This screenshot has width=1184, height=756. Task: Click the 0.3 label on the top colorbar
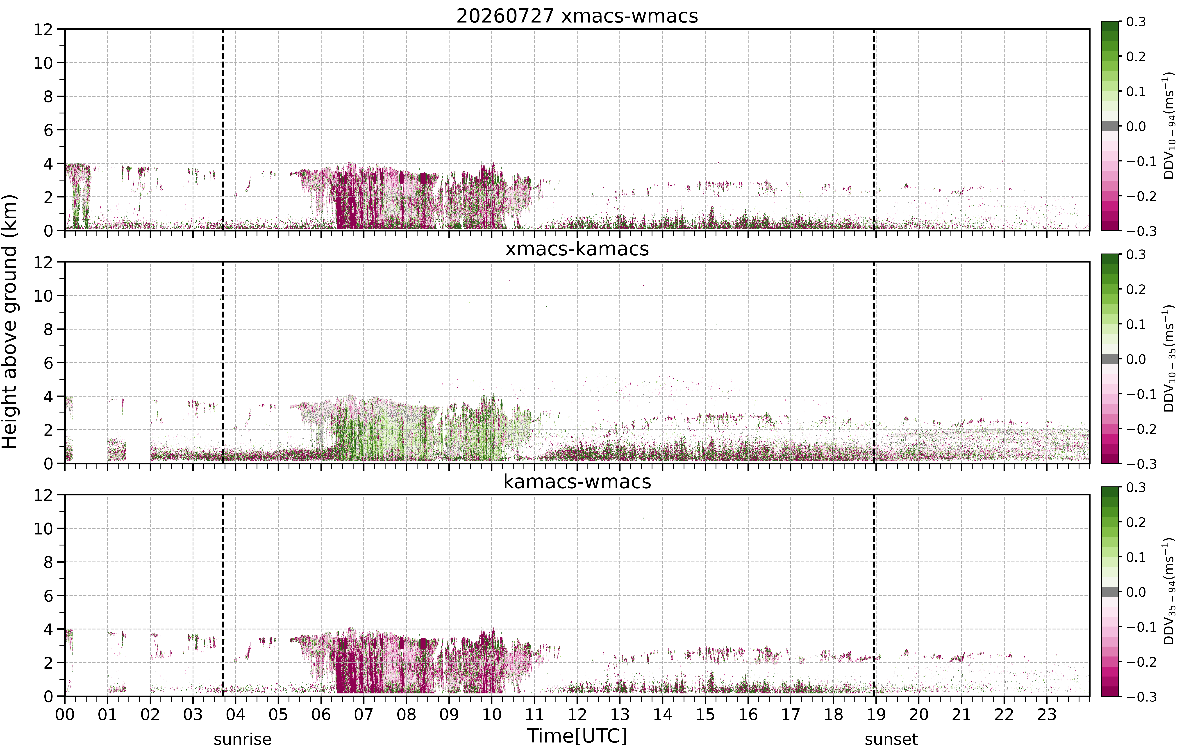pos(1136,22)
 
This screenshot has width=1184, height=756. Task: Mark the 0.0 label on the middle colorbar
pos(1136,359)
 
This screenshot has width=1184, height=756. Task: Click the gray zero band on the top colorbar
pos(1110,126)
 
